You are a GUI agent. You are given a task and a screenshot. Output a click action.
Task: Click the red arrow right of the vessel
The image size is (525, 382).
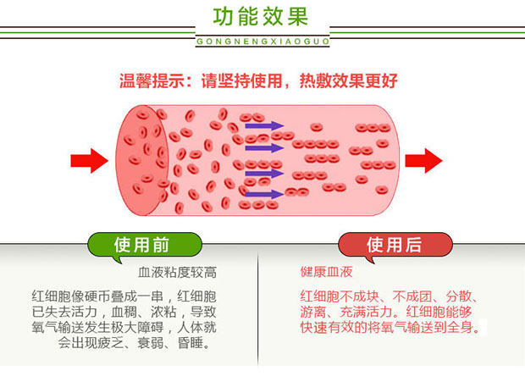pos(423,160)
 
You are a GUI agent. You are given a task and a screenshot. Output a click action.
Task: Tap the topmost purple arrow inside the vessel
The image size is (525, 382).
pos(263,126)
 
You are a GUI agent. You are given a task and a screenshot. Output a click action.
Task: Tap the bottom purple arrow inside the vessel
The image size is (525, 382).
pos(263,194)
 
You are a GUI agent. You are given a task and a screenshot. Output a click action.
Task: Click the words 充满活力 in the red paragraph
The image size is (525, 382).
pos(363,312)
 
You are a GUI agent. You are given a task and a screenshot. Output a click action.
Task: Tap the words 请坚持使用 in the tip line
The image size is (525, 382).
pos(246,82)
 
